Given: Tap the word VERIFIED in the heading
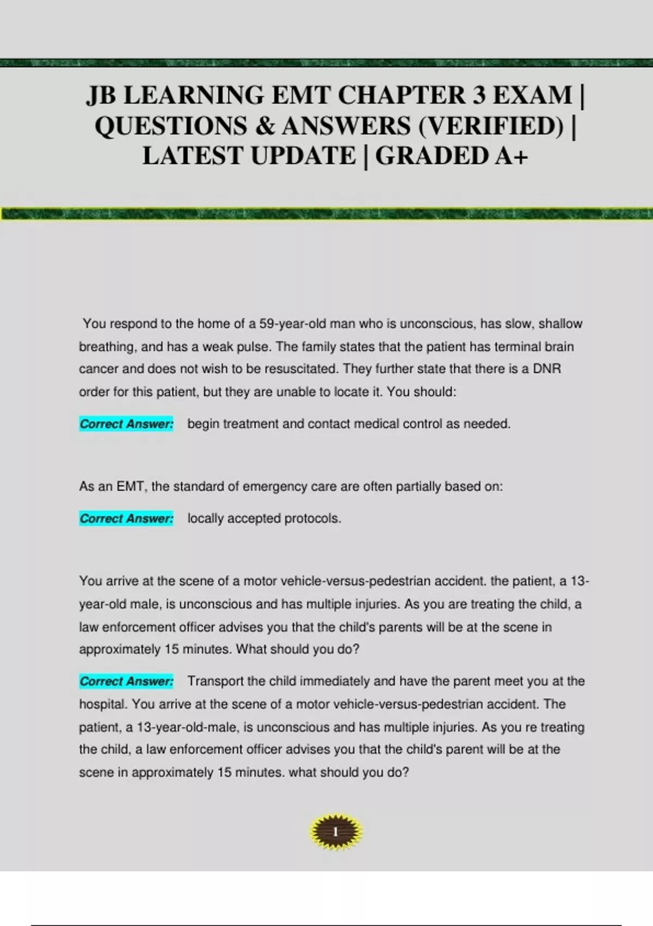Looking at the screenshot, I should tap(492, 126).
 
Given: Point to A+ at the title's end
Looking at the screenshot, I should tap(512, 156).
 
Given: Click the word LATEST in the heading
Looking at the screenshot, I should tap(193, 156).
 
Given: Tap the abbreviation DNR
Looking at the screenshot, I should tap(547, 369).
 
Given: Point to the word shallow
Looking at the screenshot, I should tap(560, 324).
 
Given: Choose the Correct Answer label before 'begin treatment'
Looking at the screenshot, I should tap(126, 424).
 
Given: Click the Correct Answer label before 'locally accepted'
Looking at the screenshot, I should tap(126, 518).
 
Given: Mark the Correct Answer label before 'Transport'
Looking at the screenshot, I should tap(126, 681).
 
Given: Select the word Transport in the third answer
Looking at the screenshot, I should tap(215, 681).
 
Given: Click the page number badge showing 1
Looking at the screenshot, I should tap(335, 832).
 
